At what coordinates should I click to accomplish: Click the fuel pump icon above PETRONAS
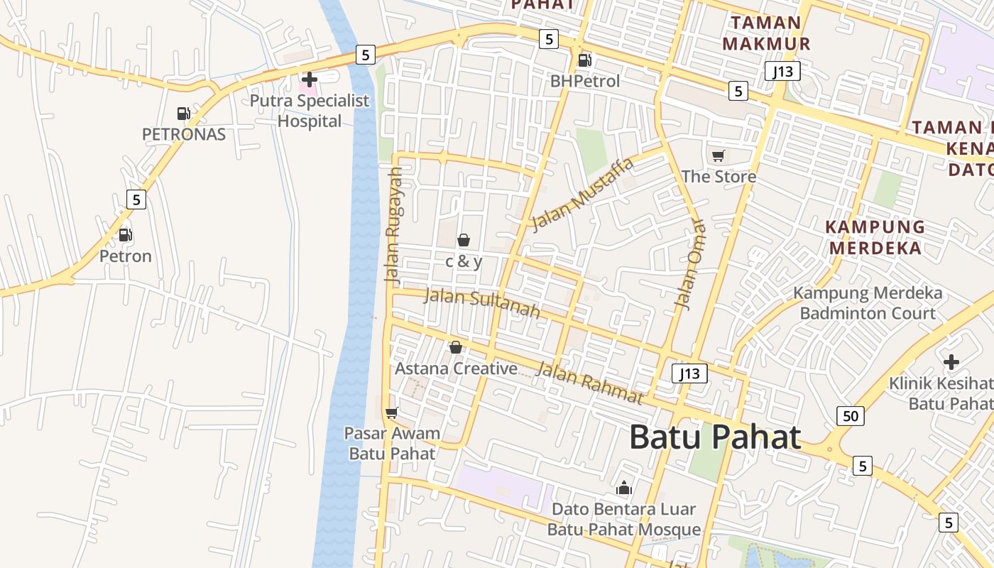point(183,113)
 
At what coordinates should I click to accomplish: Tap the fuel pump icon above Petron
point(125,234)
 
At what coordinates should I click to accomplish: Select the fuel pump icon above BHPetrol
point(584,60)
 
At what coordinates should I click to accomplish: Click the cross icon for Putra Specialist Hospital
point(310,80)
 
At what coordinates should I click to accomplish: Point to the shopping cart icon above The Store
point(718,155)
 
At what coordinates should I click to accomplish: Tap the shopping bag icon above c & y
point(464,240)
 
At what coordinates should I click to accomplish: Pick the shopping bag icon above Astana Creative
point(456,347)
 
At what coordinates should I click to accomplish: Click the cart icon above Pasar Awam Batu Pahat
point(391,412)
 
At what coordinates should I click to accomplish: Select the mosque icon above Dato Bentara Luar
point(624,488)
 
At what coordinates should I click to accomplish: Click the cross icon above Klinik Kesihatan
point(951,362)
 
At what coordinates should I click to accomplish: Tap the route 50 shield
point(851,415)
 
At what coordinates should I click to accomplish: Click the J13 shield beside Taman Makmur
point(783,71)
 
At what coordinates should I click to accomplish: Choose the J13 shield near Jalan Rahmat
point(689,373)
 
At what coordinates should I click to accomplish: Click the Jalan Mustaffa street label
point(582,195)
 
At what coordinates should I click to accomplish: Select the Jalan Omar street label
point(690,265)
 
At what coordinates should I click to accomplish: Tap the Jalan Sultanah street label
point(481,304)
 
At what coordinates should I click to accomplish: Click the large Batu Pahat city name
point(715,437)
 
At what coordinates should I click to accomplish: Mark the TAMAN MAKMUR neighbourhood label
point(766,33)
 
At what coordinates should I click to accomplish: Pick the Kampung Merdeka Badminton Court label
point(868,303)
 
